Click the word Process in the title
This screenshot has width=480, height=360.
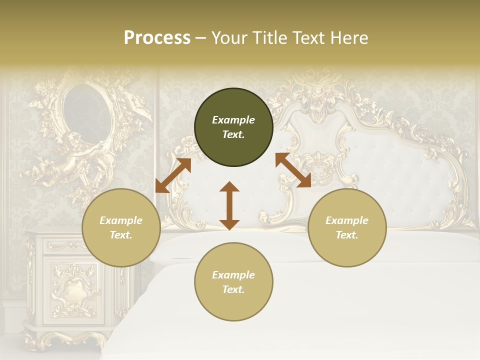(x=157, y=38)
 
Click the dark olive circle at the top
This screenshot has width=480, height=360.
(x=233, y=127)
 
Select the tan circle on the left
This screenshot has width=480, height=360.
(x=121, y=227)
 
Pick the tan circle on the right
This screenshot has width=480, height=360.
(x=347, y=227)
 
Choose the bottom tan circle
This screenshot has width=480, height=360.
(x=233, y=281)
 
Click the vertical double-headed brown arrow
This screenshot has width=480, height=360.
(x=229, y=206)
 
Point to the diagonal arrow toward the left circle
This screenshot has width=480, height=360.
(x=173, y=175)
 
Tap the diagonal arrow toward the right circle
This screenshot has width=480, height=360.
(x=293, y=170)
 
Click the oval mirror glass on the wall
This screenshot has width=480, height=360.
(x=86, y=112)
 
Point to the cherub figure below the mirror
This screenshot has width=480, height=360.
(x=70, y=160)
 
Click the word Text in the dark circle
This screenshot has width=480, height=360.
(x=233, y=135)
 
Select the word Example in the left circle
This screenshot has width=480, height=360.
(x=121, y=220)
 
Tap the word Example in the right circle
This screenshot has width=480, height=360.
(x=347, y=220)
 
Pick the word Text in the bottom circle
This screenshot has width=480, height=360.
(x=233, y=289)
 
